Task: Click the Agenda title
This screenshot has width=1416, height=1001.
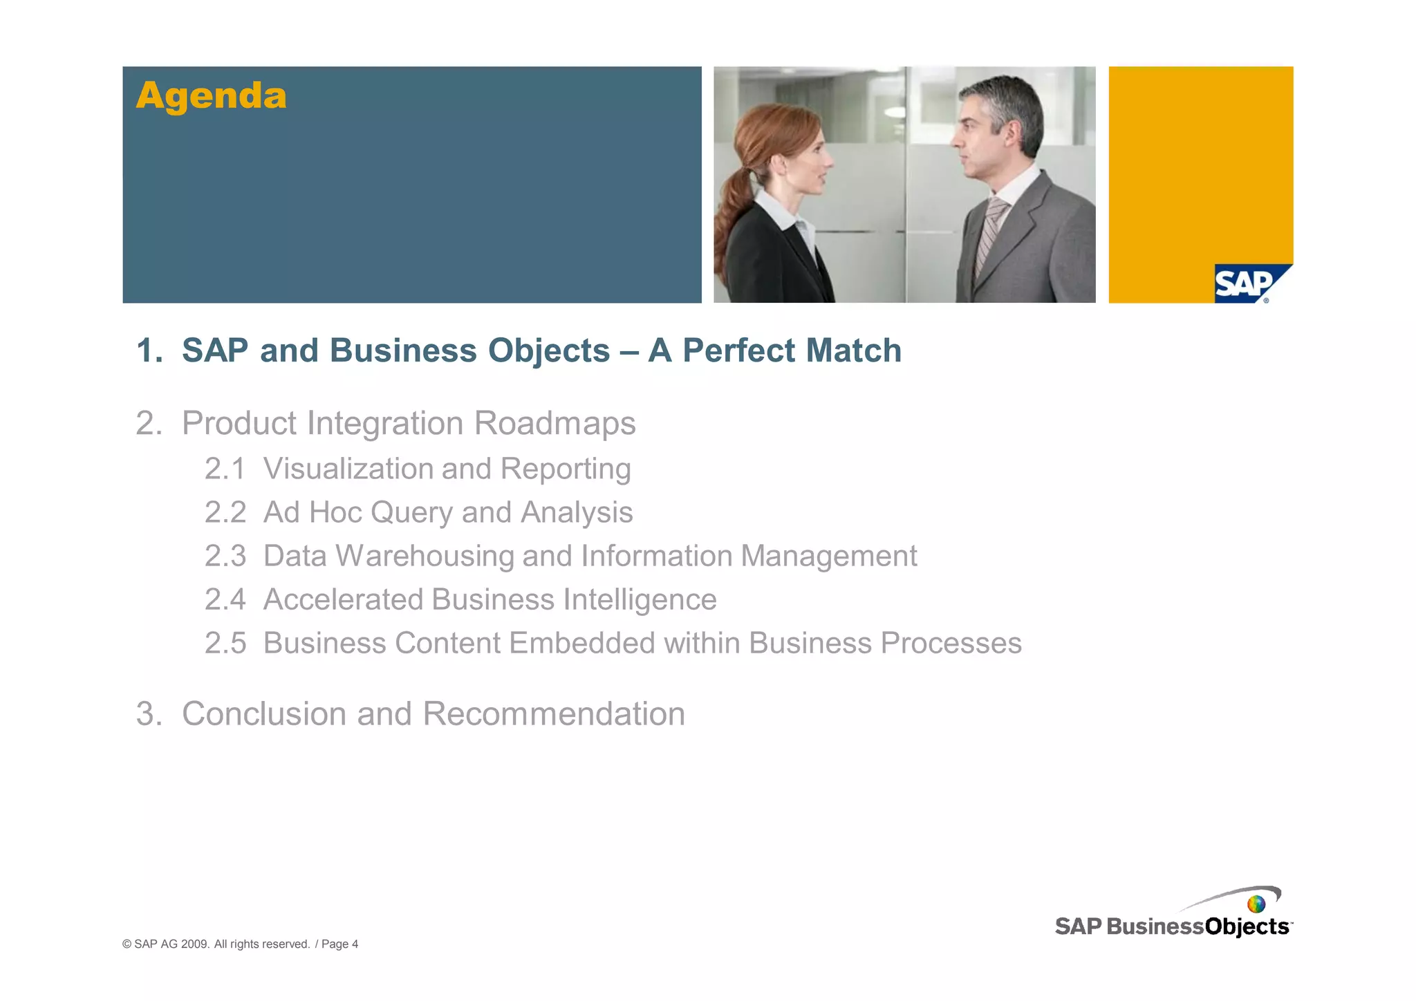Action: click(x=211, y=95)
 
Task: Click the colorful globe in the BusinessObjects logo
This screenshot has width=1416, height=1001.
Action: click(x=1256, y=904)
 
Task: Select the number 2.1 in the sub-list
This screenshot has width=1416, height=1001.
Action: click(x=225, y=469)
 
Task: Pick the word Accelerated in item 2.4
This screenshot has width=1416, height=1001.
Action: click(x=343, y=599)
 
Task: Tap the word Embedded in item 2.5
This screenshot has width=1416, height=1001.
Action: click(x=582, y=643)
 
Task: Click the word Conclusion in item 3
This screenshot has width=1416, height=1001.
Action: click(x=263, y=713)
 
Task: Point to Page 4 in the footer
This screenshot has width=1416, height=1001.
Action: click(x=339, y=944)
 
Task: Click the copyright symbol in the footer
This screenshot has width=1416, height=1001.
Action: click(x=127, y=944)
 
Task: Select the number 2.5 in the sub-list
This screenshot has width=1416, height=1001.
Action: click(x=225, y=643)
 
